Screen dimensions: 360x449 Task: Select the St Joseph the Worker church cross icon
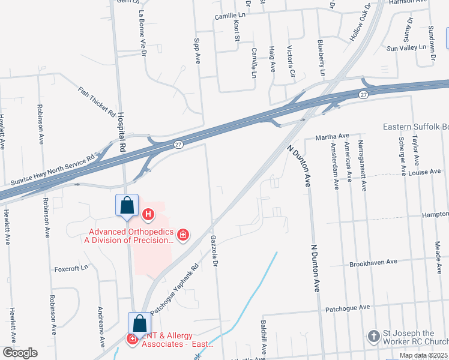pos(373,336)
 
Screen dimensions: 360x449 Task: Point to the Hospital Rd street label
pos(121,131)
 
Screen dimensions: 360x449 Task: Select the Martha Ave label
pos(336,136)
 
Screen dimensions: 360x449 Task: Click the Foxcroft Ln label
pos(71,268)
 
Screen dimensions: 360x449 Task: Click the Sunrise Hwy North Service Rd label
pos(53,170)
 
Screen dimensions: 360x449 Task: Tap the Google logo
pos(20,353)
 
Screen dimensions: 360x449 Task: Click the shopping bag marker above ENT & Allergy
pos(139,323)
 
